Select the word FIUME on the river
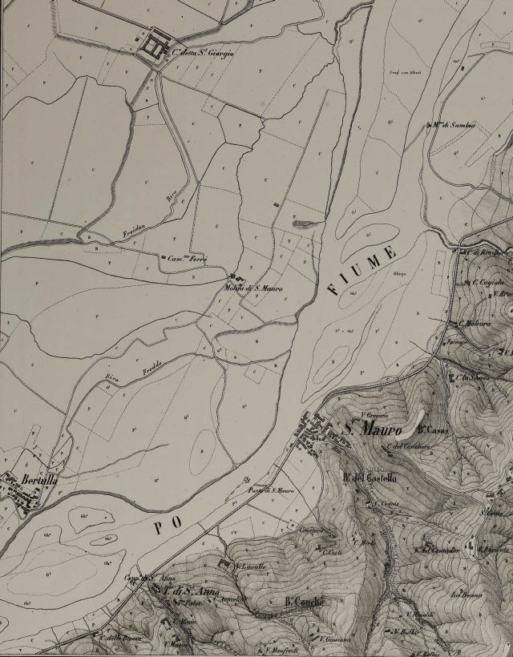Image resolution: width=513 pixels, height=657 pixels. [x=362, y=272]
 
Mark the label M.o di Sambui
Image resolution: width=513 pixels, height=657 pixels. [x=454, y=125]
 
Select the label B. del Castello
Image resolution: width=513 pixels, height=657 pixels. [x=370, y=479]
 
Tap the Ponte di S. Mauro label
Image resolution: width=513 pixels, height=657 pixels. [x=270, y=490]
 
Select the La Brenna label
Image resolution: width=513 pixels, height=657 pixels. [x=463, y=595]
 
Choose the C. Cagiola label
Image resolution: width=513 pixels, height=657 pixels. [x=488, y=282]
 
